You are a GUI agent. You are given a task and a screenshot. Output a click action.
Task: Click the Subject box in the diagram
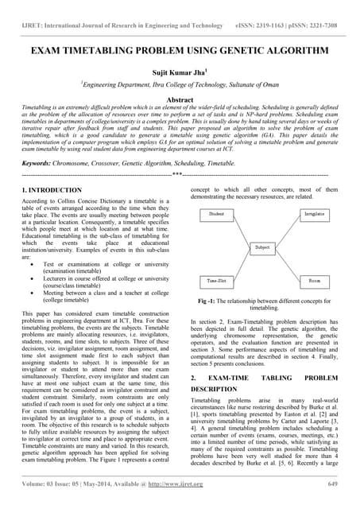pyautogui.click(x=261, y=248)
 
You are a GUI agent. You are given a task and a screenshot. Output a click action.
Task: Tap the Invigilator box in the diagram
pyautogui.click(x=314, y=215)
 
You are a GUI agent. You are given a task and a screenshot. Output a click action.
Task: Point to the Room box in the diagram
pyautogui.click(x=315, y=281)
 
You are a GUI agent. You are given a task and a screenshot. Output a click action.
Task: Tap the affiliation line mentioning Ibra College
pyautogui.click(x=180, y=86)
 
